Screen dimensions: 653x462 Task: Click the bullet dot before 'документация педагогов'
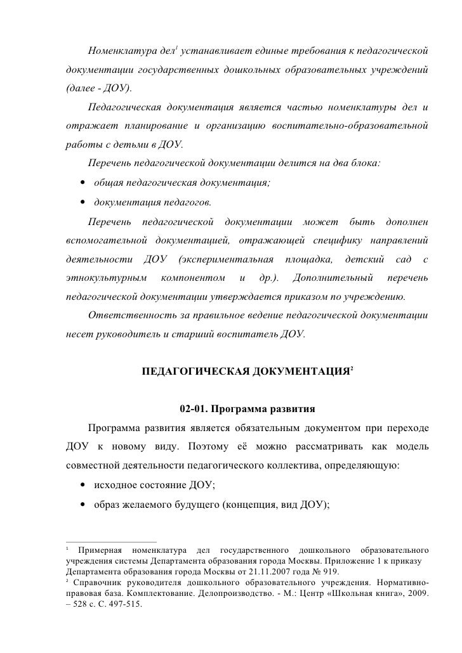pyautogui.click(x=83, y=203)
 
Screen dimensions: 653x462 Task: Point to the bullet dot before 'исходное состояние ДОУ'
pyautogui.click(x=83, y=486)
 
